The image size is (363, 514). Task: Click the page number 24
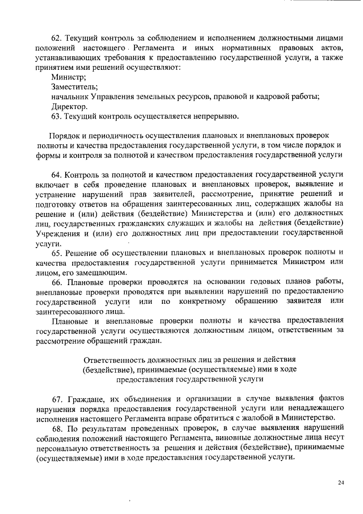[341, 483]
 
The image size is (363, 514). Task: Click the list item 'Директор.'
[70, 106]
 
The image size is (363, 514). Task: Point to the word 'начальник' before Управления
[70, 97]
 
